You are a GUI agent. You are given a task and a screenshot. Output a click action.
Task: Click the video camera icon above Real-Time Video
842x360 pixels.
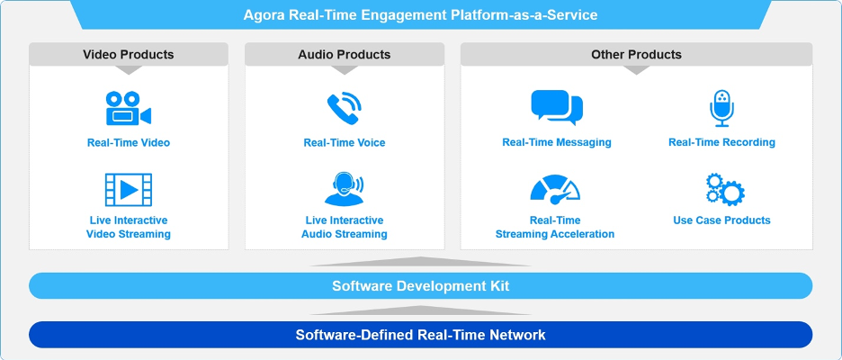tap(128, 109)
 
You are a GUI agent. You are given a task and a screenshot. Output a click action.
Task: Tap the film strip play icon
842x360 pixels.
tap(128, 189)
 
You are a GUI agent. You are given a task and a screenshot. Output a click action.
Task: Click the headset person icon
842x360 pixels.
tap(343, 189)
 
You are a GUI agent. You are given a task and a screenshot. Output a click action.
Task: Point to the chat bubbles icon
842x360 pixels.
tap(556, 108)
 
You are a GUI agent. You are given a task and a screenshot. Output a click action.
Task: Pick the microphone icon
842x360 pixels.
tap(721, 108)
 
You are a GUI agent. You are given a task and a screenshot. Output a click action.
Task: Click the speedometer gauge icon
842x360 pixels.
tap(555, 189)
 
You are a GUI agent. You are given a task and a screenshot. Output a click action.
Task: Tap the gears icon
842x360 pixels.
tap(723, 190)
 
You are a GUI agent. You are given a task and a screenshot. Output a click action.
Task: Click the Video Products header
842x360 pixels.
tap(129, 55)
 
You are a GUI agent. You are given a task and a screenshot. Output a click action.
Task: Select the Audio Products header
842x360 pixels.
tap(345, 55)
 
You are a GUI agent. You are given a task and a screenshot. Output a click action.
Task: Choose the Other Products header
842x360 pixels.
tap(636, 55)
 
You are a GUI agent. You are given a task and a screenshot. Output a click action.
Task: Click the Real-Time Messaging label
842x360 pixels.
tap(557, 142)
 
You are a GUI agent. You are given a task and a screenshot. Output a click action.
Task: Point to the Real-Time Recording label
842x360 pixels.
tap(721, 142)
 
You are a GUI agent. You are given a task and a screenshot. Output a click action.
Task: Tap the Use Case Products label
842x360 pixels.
tap(721, 220)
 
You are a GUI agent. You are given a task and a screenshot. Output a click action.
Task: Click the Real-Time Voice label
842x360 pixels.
tap(345, 142)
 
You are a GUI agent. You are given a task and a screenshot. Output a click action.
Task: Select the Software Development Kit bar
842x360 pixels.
tap(420, 286)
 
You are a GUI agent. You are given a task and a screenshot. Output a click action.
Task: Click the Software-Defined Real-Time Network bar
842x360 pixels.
tap(420, 335)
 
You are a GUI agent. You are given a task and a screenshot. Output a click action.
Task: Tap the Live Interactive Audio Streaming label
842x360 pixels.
tap(345, 228)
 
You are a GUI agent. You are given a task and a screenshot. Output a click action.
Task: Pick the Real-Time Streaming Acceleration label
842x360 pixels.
tap(555, 228)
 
